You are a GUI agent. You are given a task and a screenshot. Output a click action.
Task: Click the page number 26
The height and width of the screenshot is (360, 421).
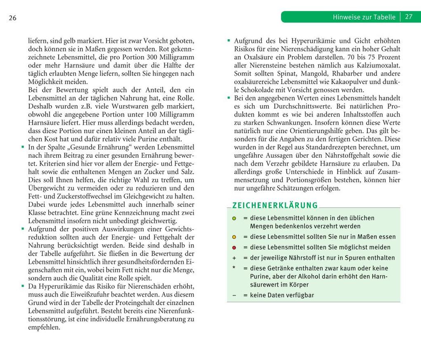click(12, 18)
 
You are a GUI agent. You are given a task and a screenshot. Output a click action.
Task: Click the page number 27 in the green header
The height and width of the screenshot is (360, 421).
click(409, 17)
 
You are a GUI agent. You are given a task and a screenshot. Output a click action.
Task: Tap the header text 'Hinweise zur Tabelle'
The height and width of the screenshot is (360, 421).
click(364, 17)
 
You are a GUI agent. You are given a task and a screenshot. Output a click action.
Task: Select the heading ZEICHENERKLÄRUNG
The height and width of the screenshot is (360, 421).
click(275, 205)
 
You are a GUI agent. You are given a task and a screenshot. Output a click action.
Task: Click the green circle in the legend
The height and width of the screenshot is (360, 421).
click(234, 218)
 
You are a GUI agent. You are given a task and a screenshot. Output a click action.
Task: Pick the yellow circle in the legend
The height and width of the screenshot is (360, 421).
click(234, 237)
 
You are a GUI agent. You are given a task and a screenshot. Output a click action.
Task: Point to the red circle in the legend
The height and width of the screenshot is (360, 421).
click(234, 248)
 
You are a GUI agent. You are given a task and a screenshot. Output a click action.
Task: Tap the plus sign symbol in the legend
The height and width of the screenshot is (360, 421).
click(234, 258)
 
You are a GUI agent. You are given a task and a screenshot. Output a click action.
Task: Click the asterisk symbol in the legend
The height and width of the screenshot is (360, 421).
click(234, 268)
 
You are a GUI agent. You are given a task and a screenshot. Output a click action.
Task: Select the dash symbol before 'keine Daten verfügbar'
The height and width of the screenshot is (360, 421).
click(234, 295)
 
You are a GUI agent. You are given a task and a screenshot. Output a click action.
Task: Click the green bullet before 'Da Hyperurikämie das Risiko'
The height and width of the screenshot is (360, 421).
click(23, 285)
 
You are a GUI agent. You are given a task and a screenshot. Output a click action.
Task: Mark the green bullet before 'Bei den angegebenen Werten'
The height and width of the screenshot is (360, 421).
click(229, 97)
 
